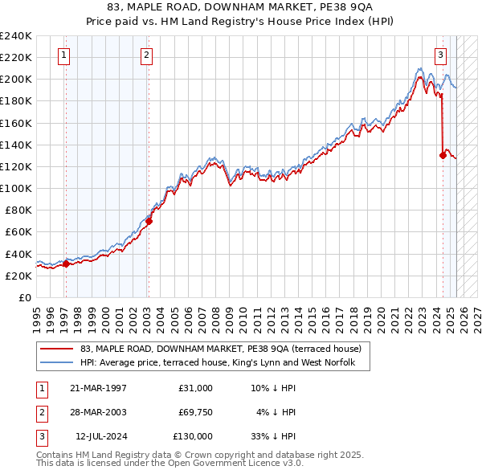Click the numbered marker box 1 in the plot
coord(63,55)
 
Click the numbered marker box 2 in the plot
coord(147,55)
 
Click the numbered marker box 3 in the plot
coord(441,55)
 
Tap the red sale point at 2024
coord(443,156)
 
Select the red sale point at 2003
coord(149,222)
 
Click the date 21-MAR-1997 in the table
coord(98,388)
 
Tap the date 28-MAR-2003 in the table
coord(98,412)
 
